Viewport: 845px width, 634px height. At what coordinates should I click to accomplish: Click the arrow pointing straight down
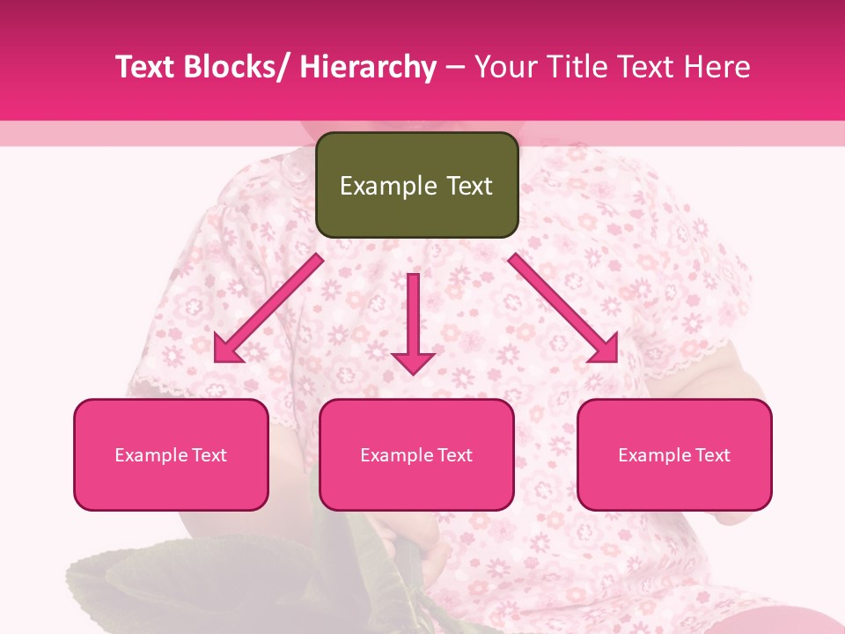point(413,322)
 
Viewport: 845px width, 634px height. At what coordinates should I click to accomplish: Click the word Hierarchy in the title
point(368,68)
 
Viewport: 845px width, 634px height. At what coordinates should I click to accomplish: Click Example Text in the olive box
point(416,186)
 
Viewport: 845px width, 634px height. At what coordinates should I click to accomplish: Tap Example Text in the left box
point(171,455)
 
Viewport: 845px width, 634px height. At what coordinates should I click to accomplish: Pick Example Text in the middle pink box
point(416,455)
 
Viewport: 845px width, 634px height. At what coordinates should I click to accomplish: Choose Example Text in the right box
point(674,455)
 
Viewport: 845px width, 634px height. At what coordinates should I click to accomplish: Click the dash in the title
point(455,68)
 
